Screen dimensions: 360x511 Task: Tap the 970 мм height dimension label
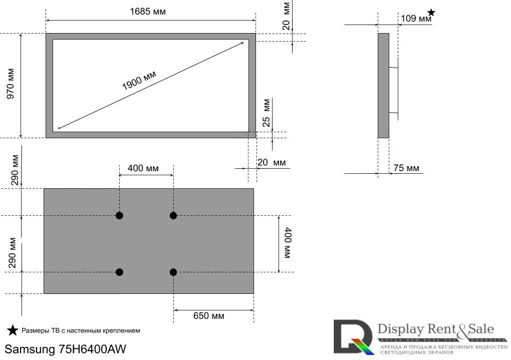(x=11, y=84)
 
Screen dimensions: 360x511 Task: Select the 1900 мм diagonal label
(x=139, y=80)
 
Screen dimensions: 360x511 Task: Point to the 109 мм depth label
(x=416, y=19)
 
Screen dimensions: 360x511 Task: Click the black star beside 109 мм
(x=431, y=13)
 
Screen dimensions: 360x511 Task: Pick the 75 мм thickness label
(x=406, y=168)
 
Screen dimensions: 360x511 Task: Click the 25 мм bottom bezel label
(x=267, y=113)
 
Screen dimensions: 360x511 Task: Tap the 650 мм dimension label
(x=209, y=316)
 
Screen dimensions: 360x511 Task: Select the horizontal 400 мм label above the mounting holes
(x=143, y=168)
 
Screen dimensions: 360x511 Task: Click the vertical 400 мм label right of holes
(x=288, y=243)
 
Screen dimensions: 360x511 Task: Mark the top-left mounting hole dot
(x=119, y=216)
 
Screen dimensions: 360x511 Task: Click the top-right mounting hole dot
(x=173, y=216)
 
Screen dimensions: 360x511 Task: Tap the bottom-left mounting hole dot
(x=119, y=272)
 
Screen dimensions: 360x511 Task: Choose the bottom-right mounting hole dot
(x=173, y=272)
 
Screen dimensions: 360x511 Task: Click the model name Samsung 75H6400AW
(x=66, y=349)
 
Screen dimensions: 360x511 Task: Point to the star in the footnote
(x=13, y=330)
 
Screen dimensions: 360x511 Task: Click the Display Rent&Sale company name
(x=435, y=329)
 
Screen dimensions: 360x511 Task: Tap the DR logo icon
(x=354, y=337)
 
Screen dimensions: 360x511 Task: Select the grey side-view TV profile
(x=383, y=86)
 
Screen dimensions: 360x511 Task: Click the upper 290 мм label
(x=15, y=170)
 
